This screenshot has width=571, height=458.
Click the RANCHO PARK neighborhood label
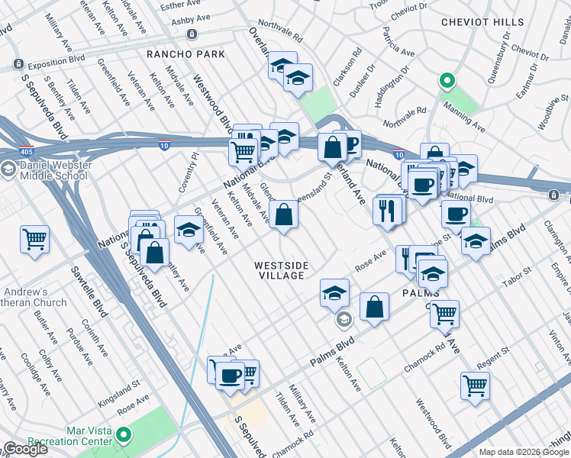click(x=186, y=54)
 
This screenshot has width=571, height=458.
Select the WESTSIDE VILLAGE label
click(x=282, y=270)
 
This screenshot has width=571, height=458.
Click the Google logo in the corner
click(x=24, y=449)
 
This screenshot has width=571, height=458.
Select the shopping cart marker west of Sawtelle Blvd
click(x=34, y=240)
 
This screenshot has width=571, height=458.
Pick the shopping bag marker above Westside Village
click(x=283, y=215)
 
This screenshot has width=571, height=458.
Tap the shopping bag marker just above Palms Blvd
click(x=374, y=307)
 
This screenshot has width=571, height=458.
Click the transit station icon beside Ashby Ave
click(x=191, y=34)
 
